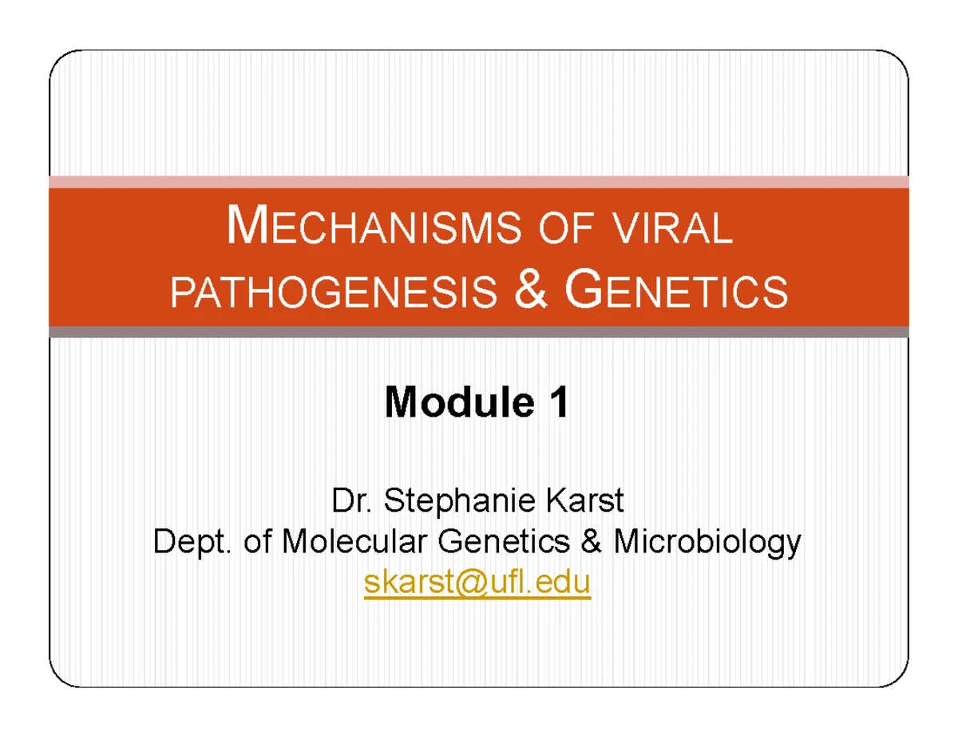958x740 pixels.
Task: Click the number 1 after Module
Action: tap(558, 403)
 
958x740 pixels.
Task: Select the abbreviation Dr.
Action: tap(354, 503)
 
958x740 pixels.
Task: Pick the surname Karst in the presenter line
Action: tap(587, 503)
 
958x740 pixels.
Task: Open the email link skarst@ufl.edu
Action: tap(477, 584)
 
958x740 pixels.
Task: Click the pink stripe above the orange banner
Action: tap(479, 182)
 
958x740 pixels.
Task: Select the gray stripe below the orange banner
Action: tap(479, 331)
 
